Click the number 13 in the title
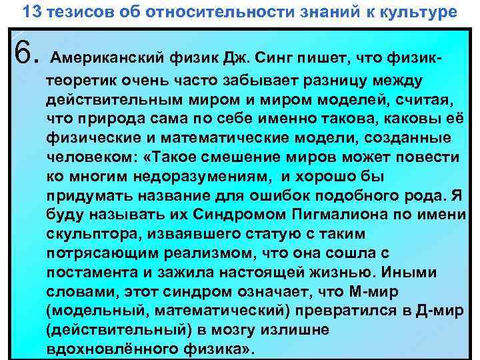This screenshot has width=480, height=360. pos(30,12)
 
